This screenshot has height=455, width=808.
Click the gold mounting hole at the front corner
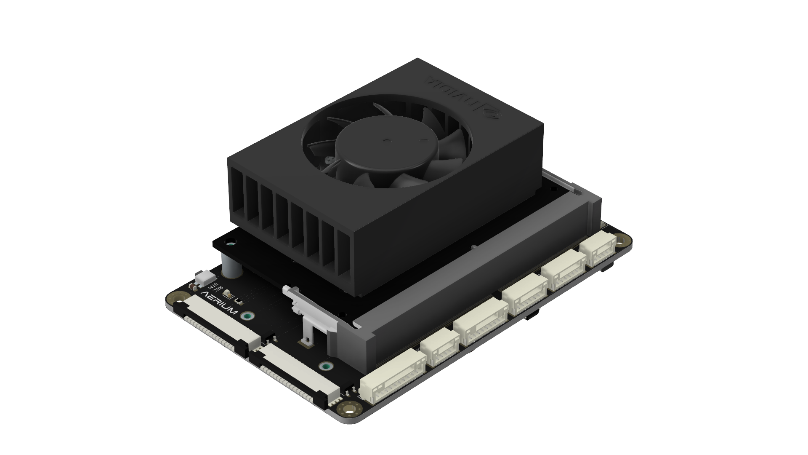[349, 408]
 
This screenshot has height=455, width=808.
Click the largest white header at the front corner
[393, 379]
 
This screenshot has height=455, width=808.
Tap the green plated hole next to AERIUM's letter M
[248, 316]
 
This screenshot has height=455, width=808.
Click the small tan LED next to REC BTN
[227, 293]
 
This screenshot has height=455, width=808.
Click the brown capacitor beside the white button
[192, 286]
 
